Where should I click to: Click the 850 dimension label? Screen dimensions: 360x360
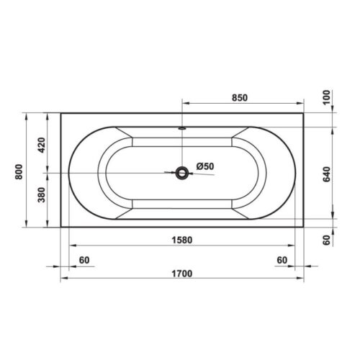pyautogui.click(x=240, y=98)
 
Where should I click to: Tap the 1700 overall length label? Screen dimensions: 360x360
pyautogui.click(x=182, y=274)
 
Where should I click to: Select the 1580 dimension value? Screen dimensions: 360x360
pyautogui.click(x=182, y=240)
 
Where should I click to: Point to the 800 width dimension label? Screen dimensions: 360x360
pyautogui.click(x=19, y=172)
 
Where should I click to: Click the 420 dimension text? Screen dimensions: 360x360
pyautogui.click(x=42, y=145)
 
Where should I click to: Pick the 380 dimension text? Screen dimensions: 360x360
pyautogui.click(x=42, y=195)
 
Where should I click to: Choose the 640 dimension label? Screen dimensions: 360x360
pyautogui.click(x=327, y=174)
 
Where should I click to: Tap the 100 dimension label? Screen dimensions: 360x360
pyautogui.click(x=326, y=97)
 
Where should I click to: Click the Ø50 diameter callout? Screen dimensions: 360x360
pyautogui.click(x=205, y=166)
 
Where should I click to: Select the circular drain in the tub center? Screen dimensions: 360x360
pyautogui.click(x=182, y=173)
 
